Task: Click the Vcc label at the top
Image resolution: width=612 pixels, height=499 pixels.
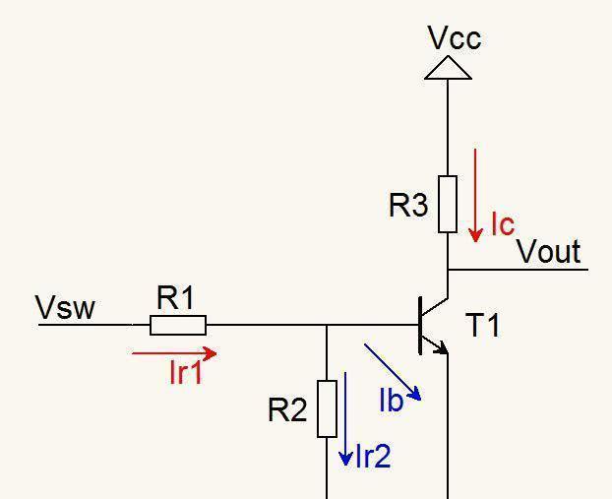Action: click(455, 38)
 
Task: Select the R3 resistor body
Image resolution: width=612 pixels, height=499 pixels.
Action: click(448, 204)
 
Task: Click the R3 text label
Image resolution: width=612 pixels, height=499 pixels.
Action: click(408, 206)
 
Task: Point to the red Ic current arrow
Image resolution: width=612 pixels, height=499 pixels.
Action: click(475, 194)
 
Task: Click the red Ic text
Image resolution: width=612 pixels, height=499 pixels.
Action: click(502, 224)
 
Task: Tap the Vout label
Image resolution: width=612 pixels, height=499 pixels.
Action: click(549, 252)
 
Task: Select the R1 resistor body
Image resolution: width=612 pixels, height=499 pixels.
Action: click(178, 325)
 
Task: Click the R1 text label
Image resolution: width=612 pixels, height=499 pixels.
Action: click(176, 298)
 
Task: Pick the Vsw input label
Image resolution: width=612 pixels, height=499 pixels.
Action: click(65, 308)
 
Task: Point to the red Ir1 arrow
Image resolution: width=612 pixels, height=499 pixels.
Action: click(173, 352)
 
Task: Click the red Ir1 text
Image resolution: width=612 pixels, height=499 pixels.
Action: click(186, 372)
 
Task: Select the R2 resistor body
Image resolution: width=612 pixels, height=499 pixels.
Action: click(327, 407)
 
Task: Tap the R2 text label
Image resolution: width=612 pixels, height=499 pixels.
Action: click(287, 410)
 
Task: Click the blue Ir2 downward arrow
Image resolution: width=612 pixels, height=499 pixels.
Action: click(345, 418)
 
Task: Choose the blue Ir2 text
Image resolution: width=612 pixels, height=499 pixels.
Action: click(373, 456)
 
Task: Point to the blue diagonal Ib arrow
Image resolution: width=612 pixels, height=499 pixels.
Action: click(393, 371)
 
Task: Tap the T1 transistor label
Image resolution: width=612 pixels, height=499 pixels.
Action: click(482, 325)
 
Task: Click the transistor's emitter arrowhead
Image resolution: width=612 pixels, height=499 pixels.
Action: click(441, 346)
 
